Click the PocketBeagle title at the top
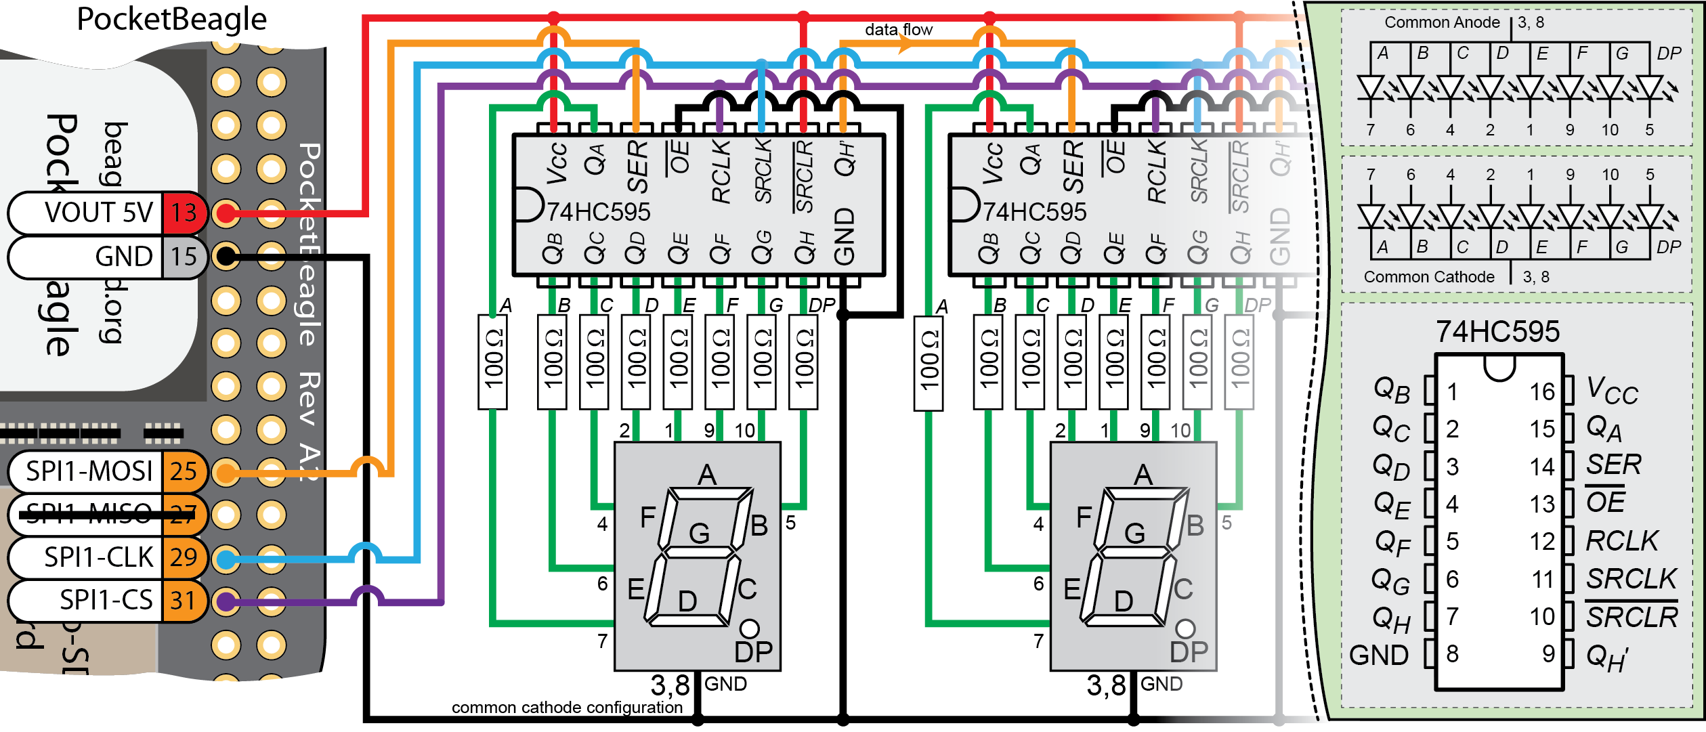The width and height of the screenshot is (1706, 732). point(171,19)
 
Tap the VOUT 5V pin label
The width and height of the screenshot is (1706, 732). point(98,213)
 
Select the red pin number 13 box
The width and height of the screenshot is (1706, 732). point(183,213)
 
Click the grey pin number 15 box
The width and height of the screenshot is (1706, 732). point(183,257)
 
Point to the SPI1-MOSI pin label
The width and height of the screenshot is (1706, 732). point(89,471)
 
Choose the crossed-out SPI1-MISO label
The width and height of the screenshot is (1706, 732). point(89,514)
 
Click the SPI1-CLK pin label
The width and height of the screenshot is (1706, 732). point(98,557)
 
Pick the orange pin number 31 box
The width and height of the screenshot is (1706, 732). point(183,601)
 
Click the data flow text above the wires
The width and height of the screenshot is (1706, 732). point(898,29)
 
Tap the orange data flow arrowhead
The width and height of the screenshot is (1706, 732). point(905,45)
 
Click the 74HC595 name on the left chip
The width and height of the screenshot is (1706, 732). point(598,212)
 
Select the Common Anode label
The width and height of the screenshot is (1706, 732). point(1441,22)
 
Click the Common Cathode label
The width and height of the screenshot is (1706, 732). point(1428,277)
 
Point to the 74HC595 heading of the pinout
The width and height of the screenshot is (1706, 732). point(1497,332)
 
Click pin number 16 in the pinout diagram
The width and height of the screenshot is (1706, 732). point(1541,391)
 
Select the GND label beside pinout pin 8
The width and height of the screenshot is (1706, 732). point(1378,655)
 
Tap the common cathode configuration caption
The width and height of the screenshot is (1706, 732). point(567,708)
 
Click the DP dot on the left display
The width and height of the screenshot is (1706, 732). point(749,628)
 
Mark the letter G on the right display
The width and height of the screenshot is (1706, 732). point(1134,534)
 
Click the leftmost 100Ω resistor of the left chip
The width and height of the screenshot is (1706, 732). point(492,362)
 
